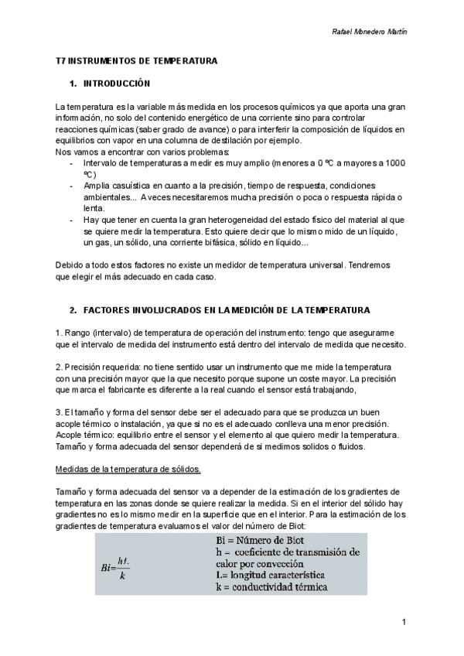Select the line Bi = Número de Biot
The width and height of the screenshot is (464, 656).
(258, 539)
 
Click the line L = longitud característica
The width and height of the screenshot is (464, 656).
(270, 576)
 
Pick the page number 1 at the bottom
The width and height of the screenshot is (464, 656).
(404, 622)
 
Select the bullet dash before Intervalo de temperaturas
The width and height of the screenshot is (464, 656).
(72, 163)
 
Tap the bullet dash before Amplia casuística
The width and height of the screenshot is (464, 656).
(72, 186)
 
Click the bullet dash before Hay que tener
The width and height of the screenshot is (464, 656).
(72, 220)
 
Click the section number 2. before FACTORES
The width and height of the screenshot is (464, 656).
(73, 310)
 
